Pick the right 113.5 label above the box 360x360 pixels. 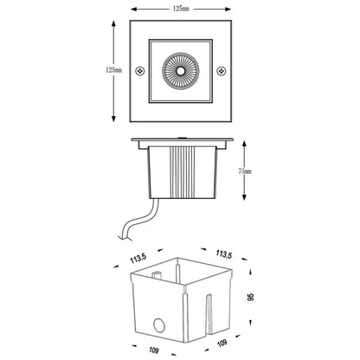click(223, 255)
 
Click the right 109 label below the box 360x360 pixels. click(222, 344)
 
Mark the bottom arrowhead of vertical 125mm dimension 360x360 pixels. click(112, 119)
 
